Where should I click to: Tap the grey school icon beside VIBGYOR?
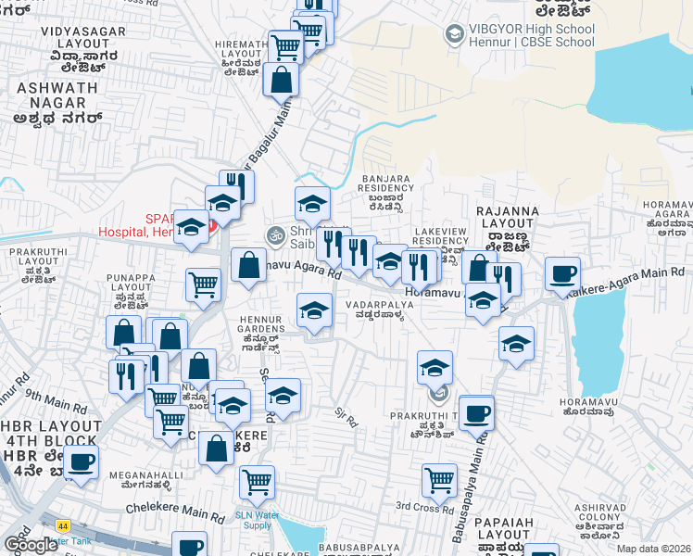tap(454, 35)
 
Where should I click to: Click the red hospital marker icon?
tap(211, 225)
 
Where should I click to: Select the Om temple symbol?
tap(273, 235)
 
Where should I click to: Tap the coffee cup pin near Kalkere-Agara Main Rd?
tap(562, 274)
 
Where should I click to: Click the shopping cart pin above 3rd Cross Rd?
tap(439, 479)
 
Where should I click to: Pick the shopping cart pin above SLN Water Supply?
tap(257, 481)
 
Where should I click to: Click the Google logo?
tap(31, 545)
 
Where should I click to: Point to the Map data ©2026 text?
tap(652, 549)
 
